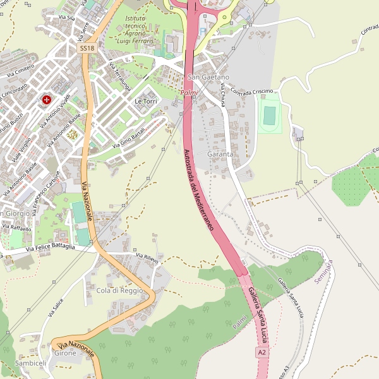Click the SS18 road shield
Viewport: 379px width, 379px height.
click(87, 48)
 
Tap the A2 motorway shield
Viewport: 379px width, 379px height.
click(262, 352)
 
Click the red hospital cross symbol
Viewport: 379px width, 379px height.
click(47, 99)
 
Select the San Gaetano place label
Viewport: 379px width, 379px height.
click(208, 77)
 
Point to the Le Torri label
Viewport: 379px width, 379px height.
click(145, 101)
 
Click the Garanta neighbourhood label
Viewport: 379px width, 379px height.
click(220, 153)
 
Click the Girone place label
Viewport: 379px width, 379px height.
click(65, 353)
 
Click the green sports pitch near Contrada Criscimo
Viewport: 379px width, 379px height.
click(270, 116)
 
